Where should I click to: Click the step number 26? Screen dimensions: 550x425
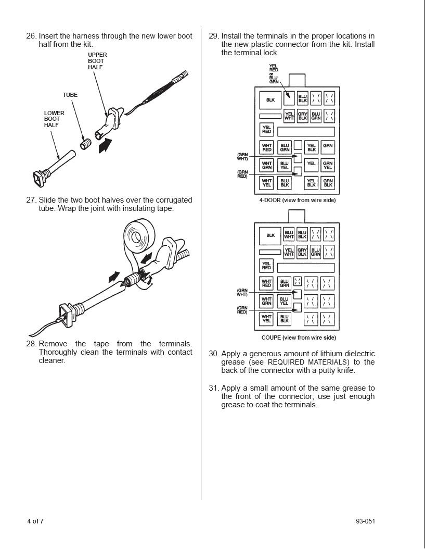(x=31, y=36)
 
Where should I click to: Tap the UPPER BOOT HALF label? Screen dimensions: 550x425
(x=97, y=61)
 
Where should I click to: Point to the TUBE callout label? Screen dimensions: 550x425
(x=70, y=95)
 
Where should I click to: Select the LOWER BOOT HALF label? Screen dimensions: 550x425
(x=54, y=119)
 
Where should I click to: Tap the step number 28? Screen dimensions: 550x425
(x=31, y=344)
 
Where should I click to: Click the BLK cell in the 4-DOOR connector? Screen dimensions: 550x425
(x=271, y=100)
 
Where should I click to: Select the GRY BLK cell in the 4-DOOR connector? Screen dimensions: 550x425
(x=302, y=116)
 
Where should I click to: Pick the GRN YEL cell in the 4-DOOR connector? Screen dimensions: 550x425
(x=328, y=165)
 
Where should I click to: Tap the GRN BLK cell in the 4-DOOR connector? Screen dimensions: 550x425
(x=328, y=183)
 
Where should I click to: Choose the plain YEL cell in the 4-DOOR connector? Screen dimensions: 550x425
(x=311, y=164)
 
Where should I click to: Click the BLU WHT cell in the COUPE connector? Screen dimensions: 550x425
(x=289, y=235)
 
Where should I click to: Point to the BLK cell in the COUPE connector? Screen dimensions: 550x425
(x=271, y=235)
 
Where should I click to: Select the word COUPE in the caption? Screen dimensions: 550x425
(x=271, y=337)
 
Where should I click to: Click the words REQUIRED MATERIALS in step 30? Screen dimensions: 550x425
(x=308, y=362)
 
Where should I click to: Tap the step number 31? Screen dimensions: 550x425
(x=213, y=388)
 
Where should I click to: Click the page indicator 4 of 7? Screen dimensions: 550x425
(x=35, y=521)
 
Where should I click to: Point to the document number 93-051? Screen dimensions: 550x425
(x=365, y=521)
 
